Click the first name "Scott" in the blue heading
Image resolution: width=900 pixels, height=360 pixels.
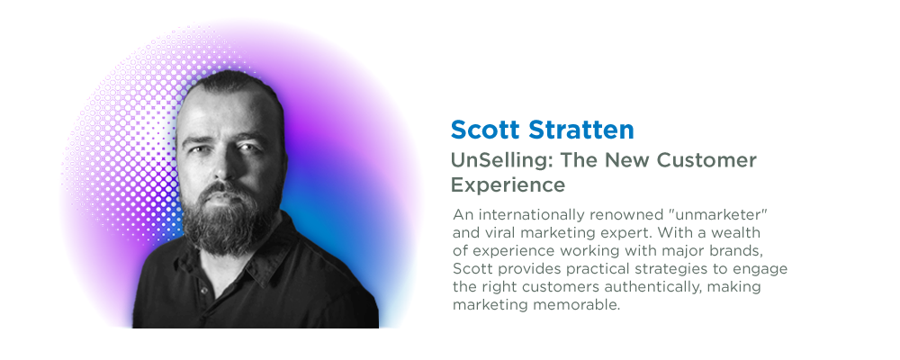486,130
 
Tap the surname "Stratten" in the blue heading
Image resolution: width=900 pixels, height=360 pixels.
580,130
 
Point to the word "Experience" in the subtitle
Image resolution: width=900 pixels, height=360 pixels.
508,184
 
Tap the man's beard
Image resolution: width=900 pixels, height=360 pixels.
227,221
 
